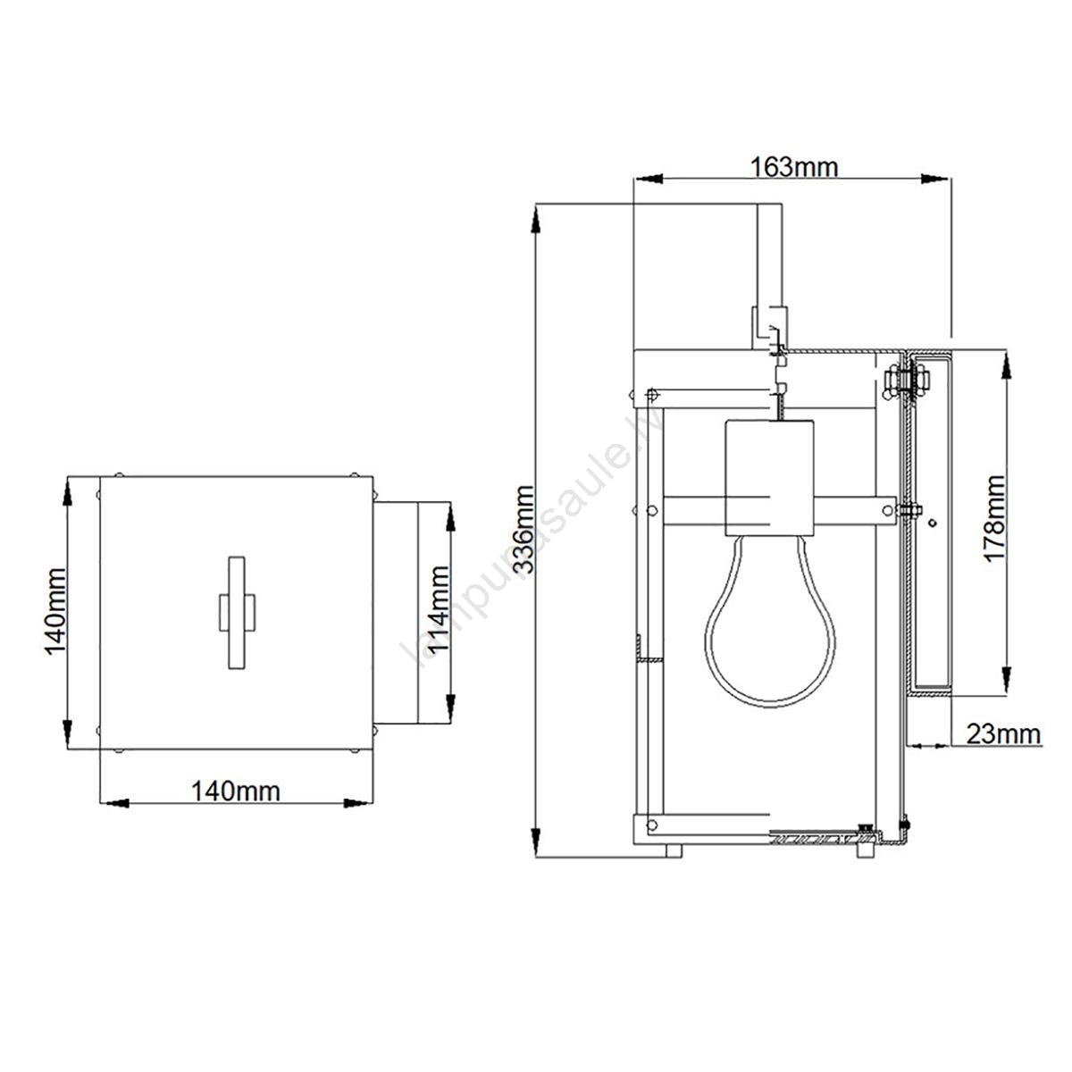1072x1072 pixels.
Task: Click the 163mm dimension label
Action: click(793, 167)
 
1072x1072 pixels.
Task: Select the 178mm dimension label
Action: click(994, 519)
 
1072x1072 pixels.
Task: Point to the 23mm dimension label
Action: click(1003, 734)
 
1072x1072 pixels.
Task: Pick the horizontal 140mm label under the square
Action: click(235, 791)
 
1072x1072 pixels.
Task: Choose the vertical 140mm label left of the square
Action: click(55, 611)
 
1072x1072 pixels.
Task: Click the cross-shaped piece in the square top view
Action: click(237, 612)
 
